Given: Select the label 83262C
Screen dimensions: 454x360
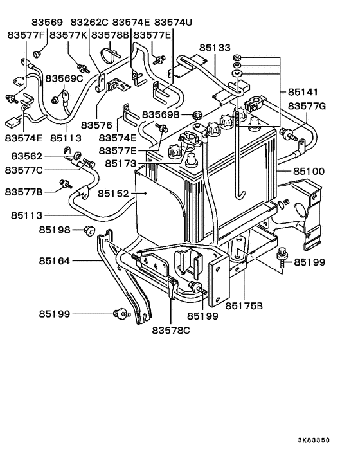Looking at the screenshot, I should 89,22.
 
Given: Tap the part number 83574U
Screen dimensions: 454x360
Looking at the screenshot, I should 173,22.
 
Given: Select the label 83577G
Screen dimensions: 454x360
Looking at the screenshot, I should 307,105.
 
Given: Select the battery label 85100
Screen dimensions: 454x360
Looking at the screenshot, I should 310,172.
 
